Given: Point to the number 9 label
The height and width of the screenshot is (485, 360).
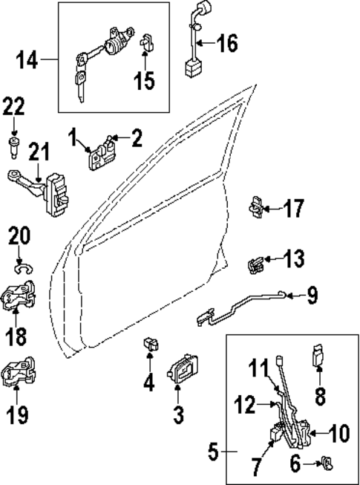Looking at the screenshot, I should pyautogui.click(x=312, y=296).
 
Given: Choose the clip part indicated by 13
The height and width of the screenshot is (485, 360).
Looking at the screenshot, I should pyautogui.click(x=256, y=262).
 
